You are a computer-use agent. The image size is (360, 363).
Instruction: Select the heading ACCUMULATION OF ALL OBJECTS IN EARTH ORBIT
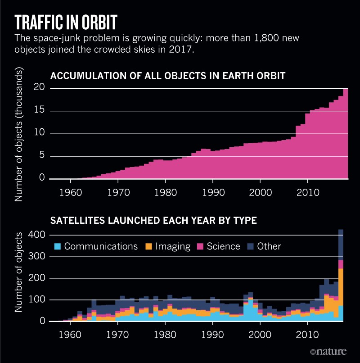[168, 75]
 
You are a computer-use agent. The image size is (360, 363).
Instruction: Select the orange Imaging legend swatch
[148, 246]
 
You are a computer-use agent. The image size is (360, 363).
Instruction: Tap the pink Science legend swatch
[200, 246]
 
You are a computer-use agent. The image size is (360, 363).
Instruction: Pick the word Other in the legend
[269, 246]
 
